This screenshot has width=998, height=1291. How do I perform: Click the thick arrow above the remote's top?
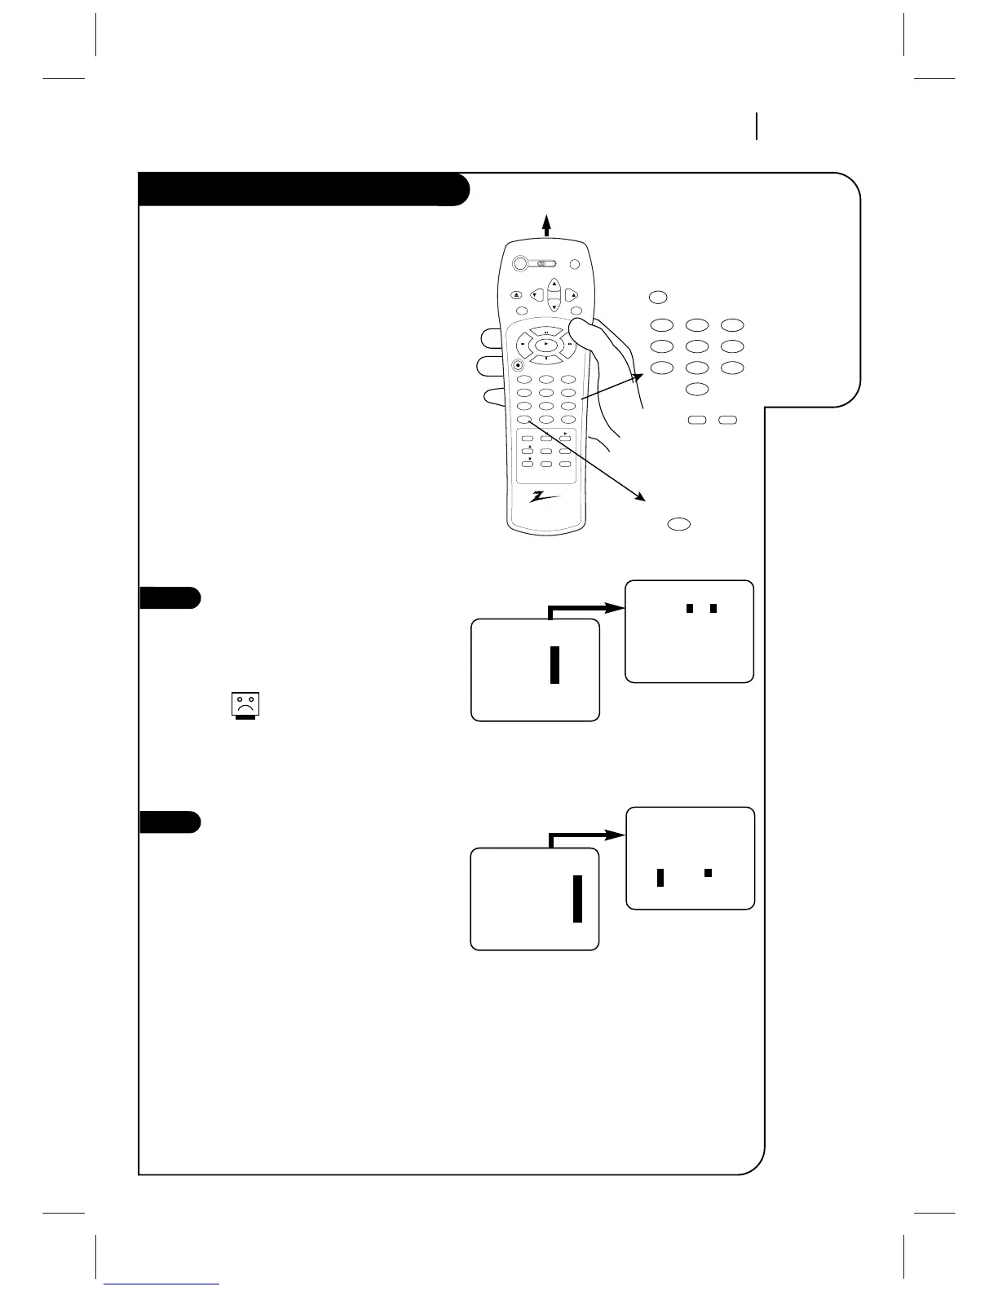547,223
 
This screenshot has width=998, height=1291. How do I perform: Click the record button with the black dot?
518,365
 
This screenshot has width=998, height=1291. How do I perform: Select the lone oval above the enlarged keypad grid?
660,297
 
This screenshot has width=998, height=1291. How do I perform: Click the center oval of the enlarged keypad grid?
697,346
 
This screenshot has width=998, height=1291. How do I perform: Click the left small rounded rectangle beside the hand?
697,421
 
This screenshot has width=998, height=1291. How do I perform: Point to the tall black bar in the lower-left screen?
577,898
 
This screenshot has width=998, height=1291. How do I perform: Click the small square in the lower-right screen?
709,873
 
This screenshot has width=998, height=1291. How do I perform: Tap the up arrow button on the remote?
554,284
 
